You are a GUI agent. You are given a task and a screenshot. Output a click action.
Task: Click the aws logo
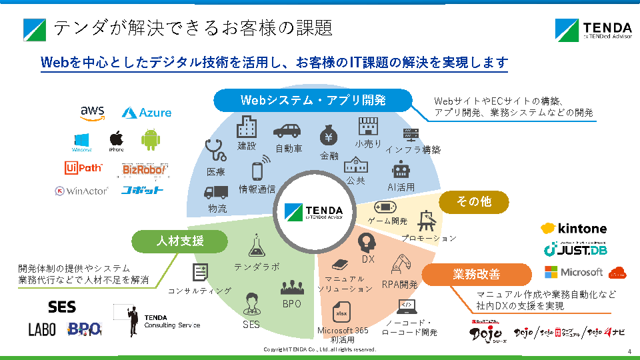click(x=92, y=113)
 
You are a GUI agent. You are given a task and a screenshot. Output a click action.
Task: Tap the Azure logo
click(x=147, y=113)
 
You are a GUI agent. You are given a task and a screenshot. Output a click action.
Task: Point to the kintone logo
click(x=573, y=229)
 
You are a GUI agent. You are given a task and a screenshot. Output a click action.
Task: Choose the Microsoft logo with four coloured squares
click(x=573, y=272)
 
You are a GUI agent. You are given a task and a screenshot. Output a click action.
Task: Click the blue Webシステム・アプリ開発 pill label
click(x=313, y=101)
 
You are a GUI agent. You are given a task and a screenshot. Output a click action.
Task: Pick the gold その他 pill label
click(x=473, y=202)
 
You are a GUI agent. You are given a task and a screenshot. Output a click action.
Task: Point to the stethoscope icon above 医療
click(x=215, y=150)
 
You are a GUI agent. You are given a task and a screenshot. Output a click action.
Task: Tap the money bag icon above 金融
click(x=329, y=136)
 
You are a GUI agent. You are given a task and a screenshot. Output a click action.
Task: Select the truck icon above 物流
click(x=217, y=192)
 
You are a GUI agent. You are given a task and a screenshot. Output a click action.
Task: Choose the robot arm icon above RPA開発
click(x=402, y=263)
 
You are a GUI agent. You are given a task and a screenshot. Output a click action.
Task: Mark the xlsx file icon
click(x=343, y=313)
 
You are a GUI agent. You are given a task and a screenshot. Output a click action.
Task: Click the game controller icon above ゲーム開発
click(x=386, y=207)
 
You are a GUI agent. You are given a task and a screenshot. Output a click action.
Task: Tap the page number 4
click(x=629, y=351)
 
